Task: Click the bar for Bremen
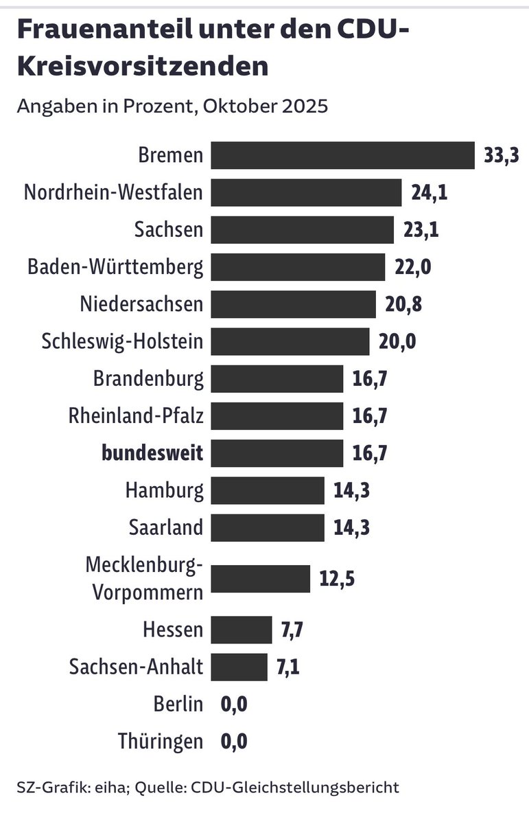[x=342, y=155]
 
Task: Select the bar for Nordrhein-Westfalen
[x=306, y=192]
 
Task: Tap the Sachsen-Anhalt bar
[x=239, y=667]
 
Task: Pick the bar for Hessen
[x=242, y=630]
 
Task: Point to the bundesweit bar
[x=277, y=453]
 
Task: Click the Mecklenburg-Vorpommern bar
[x=260, y=579]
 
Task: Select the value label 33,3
[x=500, y=156]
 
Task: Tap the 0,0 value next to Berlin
[x=233, y=705]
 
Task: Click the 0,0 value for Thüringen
[x=233, y=742]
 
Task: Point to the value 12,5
[x=337, y=579]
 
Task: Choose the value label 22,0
[x=412, y=267]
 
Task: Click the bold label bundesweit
[x=152, y=453]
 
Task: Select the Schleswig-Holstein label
[x=122, y=341]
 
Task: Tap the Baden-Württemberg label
[x=115, y=267]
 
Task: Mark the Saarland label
[x=166, y=528]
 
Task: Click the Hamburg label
[x=165, y=491]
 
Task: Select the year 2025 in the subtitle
[x=302, y=106]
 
